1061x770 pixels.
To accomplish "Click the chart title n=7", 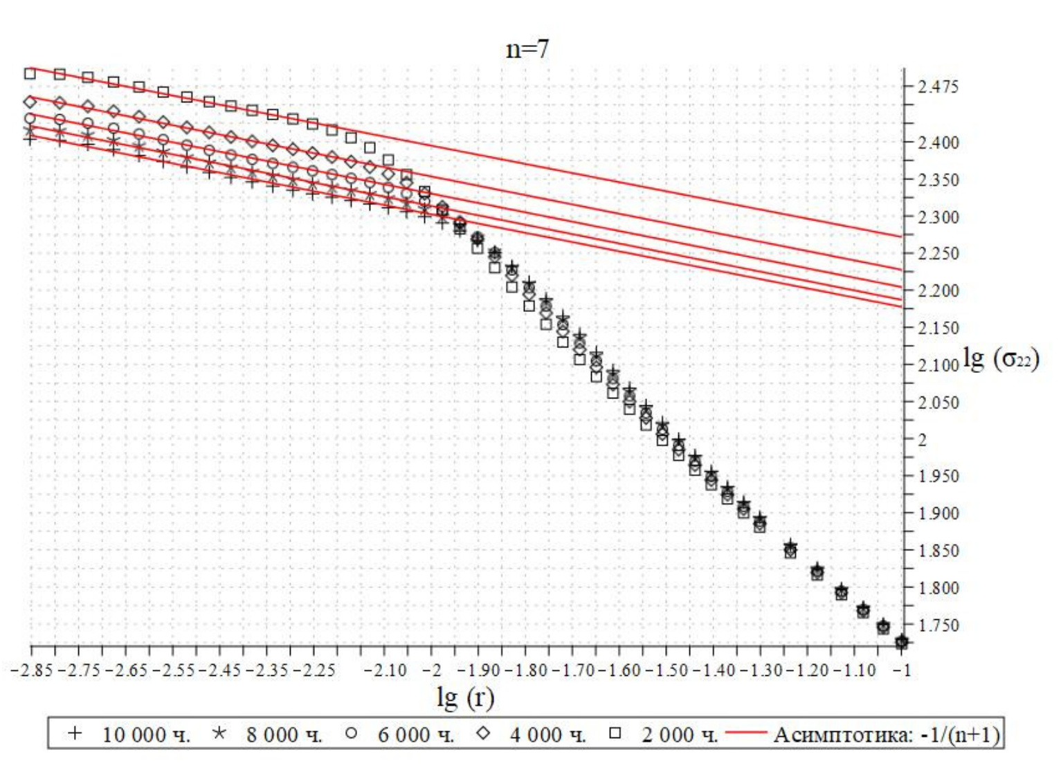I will pyautogui.click(x=527, y=49).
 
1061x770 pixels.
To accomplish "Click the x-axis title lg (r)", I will pyautogui.click(x=465, y=697).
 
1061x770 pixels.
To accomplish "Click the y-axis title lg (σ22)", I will pyautogui.click(x=1001, y=358).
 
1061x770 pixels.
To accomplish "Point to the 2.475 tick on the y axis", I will pyautogui.click(x=938, y=87).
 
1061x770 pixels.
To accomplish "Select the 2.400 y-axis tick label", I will pyautogui.click(x=938, y=143).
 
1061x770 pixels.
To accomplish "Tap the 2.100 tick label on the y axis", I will pyautogui.click(x=938, y=365).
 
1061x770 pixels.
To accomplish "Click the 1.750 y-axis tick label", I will pyautogui.click(x=938, y=625).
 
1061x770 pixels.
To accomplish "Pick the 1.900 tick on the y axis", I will pyautogui.click(x=938, y=514).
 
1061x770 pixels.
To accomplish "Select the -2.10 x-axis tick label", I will pyautogui.click(x=385, y=670).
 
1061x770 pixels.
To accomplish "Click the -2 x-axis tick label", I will pyautogui.click(x=431, y=670).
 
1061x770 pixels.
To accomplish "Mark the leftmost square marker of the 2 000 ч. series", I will pyautogui.click(x=30, y=73).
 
